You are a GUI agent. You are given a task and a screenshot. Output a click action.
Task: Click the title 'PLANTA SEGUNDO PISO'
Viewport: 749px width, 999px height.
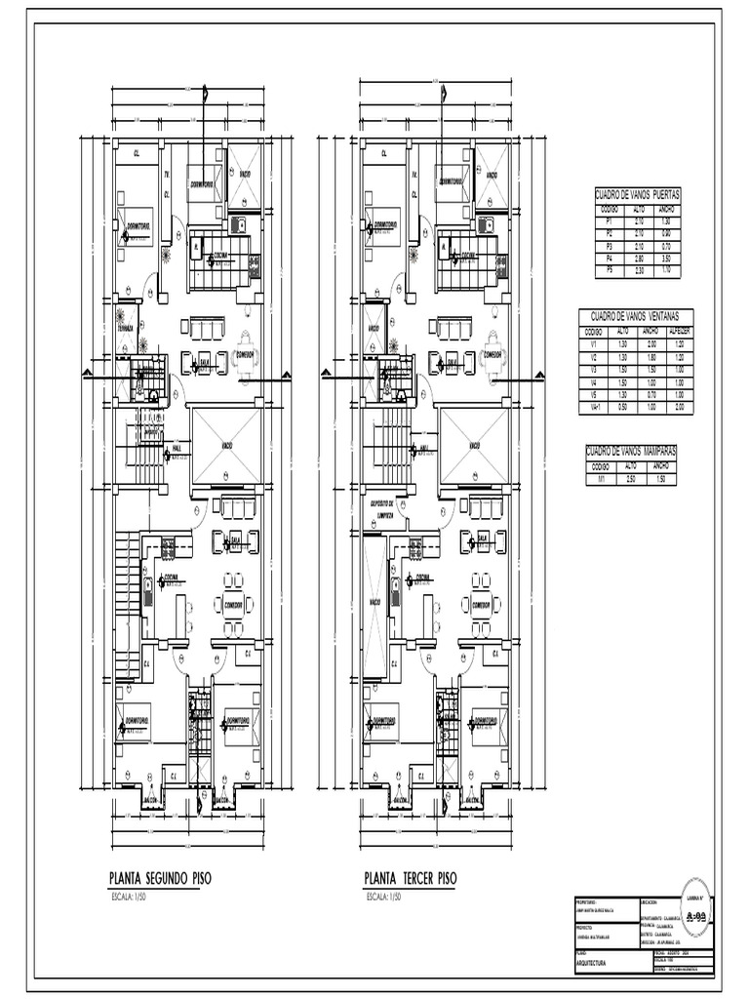point(160,878)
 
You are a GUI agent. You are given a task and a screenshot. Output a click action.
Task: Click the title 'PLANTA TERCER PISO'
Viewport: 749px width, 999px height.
point(410,878)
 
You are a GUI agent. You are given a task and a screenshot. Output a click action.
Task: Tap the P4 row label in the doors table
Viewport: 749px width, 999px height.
point(609,258)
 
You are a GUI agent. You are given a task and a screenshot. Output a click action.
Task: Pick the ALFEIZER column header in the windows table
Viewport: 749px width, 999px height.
point(677,331)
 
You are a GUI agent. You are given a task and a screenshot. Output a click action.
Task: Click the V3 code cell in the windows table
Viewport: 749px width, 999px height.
point(593,370)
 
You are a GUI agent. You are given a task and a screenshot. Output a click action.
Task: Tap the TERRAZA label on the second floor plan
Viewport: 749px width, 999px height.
point(125,328)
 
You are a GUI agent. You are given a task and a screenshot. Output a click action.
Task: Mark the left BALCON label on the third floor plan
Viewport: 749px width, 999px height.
point(400,799)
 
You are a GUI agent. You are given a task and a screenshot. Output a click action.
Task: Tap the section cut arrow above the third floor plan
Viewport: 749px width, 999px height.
point(444,94)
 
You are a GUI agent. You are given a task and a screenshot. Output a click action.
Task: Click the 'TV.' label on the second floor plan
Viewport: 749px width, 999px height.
point(167,176)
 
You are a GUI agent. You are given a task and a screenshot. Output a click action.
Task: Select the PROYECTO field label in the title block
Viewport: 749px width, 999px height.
point(578,928)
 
